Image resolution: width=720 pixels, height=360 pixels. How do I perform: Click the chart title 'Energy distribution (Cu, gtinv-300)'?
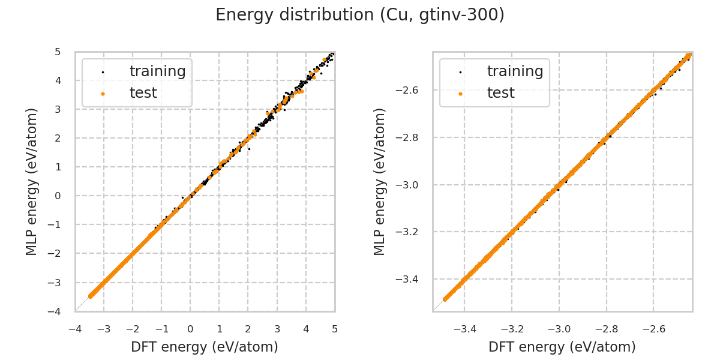[360, 15]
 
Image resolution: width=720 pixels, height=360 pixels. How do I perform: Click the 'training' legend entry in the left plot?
[157, 71]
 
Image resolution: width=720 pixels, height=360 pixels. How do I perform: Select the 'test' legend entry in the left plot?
[143, 93]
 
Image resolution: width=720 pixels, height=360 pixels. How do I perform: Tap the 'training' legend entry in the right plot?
[515, 71]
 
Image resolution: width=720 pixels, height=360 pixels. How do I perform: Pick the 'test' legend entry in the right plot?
[500, 93]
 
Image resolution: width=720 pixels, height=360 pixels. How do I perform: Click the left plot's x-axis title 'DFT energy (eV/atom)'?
[205, 347]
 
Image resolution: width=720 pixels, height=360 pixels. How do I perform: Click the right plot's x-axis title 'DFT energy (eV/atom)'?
[562, 347]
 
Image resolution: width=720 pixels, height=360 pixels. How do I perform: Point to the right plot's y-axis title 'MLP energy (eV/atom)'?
[380, 182]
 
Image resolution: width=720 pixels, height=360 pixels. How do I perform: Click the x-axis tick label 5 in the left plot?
[335, 329]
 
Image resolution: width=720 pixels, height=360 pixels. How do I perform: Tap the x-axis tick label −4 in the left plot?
[75, 329]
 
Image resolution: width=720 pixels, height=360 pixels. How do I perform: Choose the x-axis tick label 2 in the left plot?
[248, 329]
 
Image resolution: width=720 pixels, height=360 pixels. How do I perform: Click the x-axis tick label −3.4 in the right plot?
[464, 329]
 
